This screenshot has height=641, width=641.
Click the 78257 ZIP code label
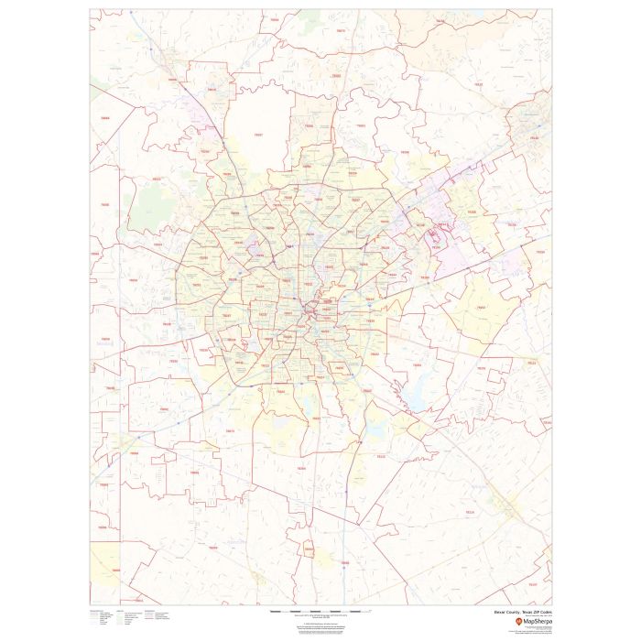pos(258,136)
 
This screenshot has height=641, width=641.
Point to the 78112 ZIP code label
pos(380,455)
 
